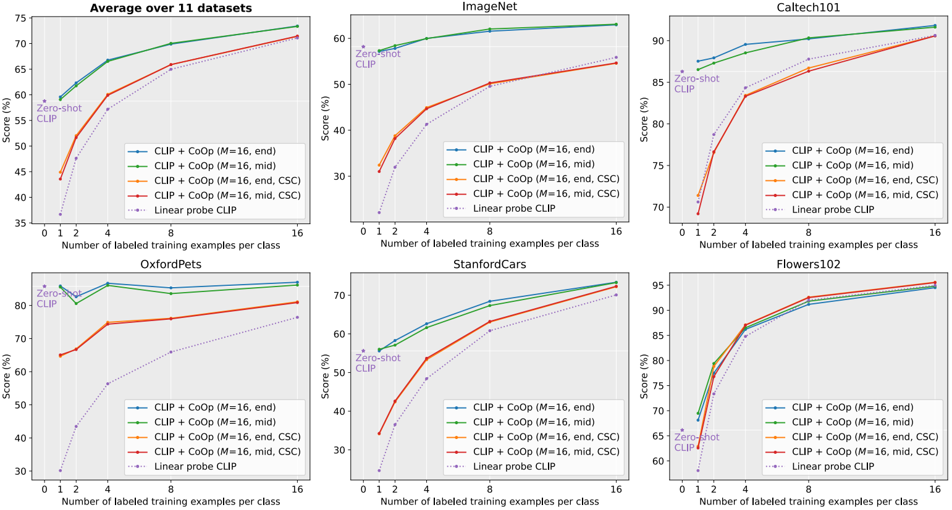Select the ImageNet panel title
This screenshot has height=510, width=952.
point(489,7)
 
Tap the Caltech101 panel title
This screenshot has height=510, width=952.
point(808,7)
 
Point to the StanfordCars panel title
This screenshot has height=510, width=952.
point(489,264)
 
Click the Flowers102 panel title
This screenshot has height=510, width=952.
point(808,264)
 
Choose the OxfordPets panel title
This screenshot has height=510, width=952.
point(171,264)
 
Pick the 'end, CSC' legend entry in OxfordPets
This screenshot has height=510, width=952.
point(227,437)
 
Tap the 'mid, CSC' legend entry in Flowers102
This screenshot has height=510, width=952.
point(864,451)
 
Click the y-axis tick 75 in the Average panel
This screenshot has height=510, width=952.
point(20,18)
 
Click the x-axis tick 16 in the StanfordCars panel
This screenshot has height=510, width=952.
point(616,490)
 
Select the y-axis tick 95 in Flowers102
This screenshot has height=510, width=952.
point(658,286)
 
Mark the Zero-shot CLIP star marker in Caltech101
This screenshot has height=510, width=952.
point(682,72)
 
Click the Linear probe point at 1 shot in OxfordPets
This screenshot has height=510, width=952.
point(60,470)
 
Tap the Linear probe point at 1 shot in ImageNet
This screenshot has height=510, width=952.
point(379,212)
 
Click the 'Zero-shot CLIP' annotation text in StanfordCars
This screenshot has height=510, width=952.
point(377,363)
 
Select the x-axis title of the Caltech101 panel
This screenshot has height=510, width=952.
point(808,245)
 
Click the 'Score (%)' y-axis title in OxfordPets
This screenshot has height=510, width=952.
point(7,376)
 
